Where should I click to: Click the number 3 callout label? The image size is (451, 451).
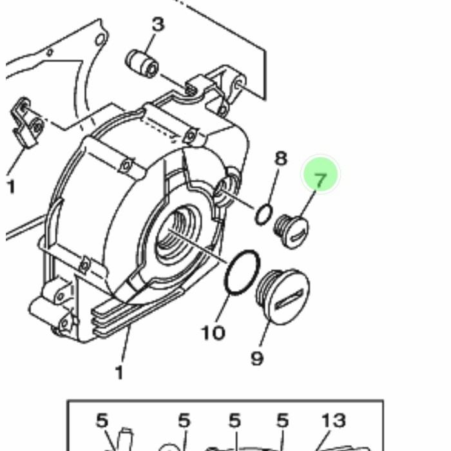[158, 24]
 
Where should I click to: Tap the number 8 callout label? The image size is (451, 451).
[281, 158]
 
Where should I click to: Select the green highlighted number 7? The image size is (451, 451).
[320, 180]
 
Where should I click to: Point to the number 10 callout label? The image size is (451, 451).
[213, 333]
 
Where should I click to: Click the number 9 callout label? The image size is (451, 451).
[257, 358]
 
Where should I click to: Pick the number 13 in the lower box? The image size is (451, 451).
[334, 420]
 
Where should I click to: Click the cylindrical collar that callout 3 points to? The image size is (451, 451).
[142, 64]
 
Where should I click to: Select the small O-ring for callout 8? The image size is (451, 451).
[264, 215]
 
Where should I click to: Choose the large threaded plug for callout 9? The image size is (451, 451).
[283, 296]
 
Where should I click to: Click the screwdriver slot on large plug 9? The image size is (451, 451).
[289, 300]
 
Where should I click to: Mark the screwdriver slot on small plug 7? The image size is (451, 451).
[298, 236]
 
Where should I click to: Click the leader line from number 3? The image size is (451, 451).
[150, 43]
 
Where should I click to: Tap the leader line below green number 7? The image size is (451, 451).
[308, 204]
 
